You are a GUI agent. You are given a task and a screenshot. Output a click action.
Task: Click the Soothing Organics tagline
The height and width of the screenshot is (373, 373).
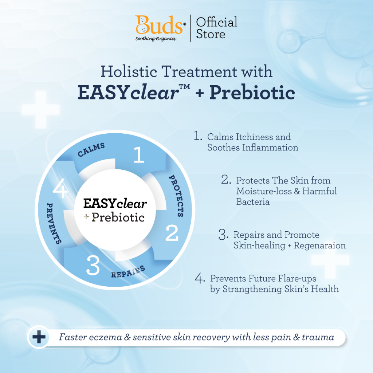156,39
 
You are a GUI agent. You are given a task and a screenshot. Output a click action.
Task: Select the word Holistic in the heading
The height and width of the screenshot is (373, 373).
129,71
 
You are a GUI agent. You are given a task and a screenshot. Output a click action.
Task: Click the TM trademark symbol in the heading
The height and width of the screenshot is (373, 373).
185,87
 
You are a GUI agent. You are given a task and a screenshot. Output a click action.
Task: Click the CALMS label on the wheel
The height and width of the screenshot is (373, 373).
91,150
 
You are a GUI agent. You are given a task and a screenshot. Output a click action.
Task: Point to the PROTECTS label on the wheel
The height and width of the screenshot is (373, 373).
177,196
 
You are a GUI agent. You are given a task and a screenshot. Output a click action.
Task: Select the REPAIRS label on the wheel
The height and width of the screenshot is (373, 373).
128,272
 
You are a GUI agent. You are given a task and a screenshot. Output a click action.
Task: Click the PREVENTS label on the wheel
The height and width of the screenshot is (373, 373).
54,223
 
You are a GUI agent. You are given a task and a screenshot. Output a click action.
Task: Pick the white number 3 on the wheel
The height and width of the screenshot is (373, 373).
93,265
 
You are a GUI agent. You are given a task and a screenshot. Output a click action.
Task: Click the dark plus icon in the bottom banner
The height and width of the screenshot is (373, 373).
39,337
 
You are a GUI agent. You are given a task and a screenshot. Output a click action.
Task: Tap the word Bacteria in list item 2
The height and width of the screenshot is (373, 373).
253,202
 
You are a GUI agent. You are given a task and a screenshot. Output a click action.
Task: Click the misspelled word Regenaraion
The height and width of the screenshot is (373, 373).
320,245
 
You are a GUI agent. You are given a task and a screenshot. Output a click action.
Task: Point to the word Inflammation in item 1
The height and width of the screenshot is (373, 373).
270,148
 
